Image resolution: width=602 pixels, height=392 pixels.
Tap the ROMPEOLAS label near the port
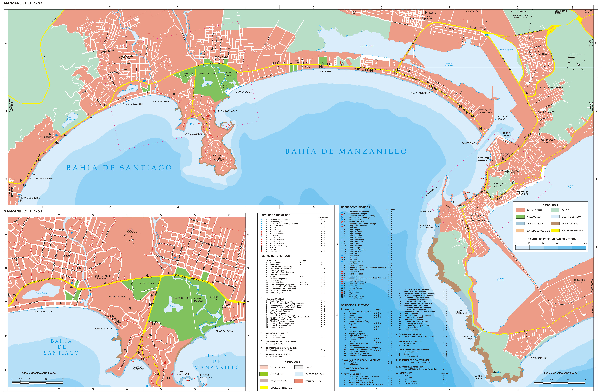[x=468, y=143]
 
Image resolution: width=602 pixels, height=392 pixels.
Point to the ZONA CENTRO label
[x=477, y=221]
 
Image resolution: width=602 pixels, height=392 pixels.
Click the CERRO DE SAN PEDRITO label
[x=500, y=185]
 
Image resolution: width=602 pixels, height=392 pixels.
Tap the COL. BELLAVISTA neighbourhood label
[x=546, y=112]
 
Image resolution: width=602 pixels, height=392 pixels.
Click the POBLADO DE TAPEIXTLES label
[x=541, y=53]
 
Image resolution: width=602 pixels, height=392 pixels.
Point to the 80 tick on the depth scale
[x=585, y=243]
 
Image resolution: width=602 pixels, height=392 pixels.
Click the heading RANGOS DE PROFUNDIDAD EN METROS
[x=551, y=239]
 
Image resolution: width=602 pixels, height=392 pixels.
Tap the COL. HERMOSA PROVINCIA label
[x=103, y=277]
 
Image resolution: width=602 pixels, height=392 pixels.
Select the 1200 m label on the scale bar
[x=585, y=379]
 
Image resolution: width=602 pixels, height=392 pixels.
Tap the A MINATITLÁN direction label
[x=472, y=11]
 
